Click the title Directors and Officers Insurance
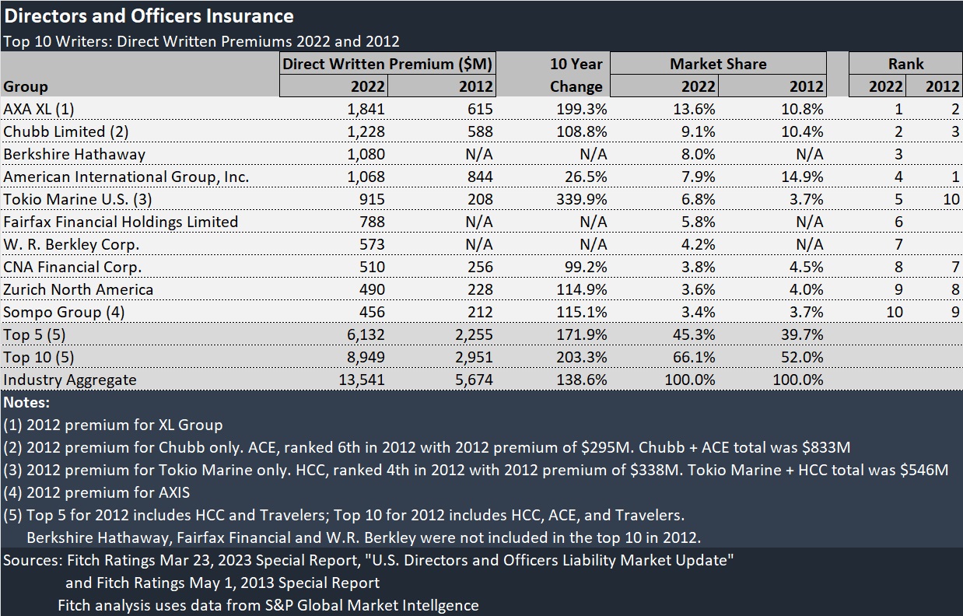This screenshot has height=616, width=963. [149, 16]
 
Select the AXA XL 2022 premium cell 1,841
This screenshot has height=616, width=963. [366, 109]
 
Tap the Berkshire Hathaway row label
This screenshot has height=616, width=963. [74, 154]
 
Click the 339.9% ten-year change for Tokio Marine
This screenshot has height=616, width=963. [582, 199]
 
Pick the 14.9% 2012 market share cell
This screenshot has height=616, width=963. [802, 177]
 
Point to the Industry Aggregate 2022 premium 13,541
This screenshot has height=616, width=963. [361, 380]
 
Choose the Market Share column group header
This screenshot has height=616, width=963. [718, 64]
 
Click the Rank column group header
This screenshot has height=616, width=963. [905, 64]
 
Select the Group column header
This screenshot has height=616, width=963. [26, 86]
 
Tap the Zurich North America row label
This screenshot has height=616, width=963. [78, 289]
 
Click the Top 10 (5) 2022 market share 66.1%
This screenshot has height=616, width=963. [694, 358]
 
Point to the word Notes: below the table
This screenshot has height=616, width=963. [26, 403]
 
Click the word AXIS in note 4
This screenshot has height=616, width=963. [171, 492]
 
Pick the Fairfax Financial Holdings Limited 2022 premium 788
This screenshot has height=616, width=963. [372, 222]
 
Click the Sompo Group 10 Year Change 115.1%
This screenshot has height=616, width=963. [583, 312]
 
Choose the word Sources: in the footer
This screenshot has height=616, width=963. [32, 560]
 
